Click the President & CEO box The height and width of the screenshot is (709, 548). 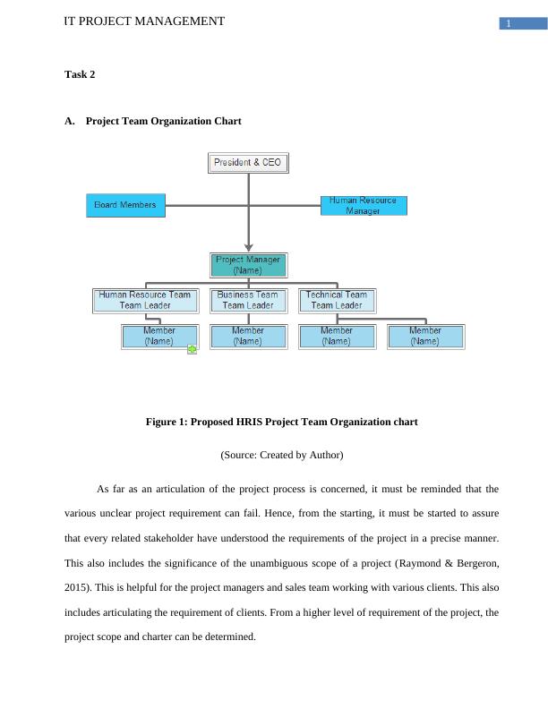tap(250, 163)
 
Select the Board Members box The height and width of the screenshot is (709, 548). tap(125, 205)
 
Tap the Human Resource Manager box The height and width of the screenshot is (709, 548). tap(364, 205)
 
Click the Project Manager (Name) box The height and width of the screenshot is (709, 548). tap(250, 265)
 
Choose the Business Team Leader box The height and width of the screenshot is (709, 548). tap(248, 300)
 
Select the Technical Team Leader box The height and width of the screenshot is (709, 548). tap(337, 300)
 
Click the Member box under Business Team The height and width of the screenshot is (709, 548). tap(248, 336)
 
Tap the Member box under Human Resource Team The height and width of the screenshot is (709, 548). tap(159, 336)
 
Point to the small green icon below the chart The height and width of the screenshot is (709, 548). tap(193, 349)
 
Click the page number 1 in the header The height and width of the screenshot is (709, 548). tap(508, 23)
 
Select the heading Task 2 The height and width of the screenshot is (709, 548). tap(80, 74)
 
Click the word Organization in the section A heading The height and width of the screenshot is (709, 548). tap(180, 121)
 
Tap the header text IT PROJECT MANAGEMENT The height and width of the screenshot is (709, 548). tap(144, 21)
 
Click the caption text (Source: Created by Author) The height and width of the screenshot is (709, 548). tap(282, 455)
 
